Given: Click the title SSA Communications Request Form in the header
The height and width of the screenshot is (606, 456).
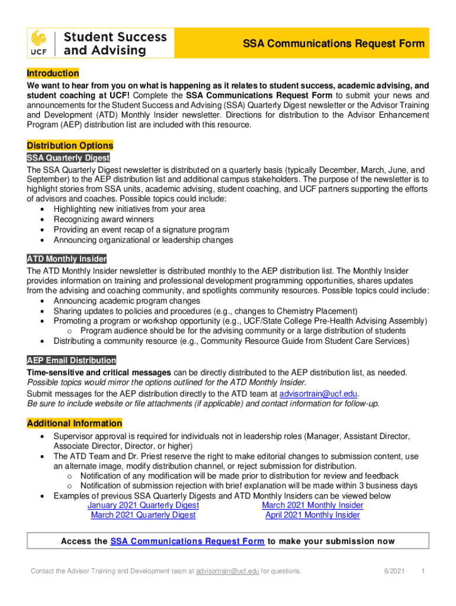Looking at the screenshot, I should pyautogui.click(x=334, y=44).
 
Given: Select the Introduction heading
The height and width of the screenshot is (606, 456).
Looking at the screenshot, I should pyautogui.click(x=53, y=73).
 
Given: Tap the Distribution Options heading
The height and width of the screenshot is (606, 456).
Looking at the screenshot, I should pyautogui.click(x=70, y=146).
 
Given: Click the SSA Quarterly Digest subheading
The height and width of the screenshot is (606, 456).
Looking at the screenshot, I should pyautogui.click(x=68, y=158).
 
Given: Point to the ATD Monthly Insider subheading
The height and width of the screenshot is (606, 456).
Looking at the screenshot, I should pyautogui.click(x=66, y=259).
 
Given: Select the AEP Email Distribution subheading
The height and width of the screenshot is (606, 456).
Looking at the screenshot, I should pyautogui.click(x=71, y=360).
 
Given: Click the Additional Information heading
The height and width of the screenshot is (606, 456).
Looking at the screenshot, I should pyautogui.click(x=75, y=424).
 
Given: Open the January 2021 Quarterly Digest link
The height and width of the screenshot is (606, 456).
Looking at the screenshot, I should pyautogui.click(x=143, y=505).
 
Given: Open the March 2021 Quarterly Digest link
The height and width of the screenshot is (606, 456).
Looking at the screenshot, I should pyautogui.click(x=143, y=515).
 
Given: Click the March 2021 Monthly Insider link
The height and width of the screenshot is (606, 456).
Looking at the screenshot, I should pyautogui.click(x=312, y=505).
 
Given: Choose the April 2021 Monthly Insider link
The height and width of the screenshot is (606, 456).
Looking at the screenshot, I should pyautogui.click(x=312, y=515).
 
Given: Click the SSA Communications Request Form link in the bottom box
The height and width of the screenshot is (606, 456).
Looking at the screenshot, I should pyautogui.click(x=187, y=541).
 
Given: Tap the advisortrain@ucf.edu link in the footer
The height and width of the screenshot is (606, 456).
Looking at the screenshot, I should pyautogui.click(x=227, y=571).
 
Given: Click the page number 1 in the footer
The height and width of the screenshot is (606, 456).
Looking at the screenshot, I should pyautogui.click(x=423, y=571).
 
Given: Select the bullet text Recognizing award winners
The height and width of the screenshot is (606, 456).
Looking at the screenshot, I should pyautogui.click(x=104, y=220).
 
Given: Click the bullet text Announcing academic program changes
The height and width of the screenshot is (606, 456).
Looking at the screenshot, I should pyautogui.click(x=127, y=301).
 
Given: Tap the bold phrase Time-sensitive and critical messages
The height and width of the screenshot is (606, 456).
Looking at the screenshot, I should pyautogui.click(x=99, y=372).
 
